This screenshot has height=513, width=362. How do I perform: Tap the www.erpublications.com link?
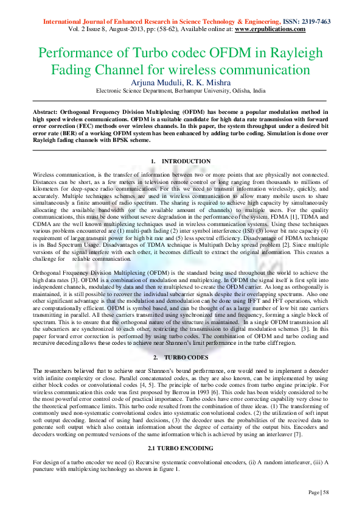tap(270, 29)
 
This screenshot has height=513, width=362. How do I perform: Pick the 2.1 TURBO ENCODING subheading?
tap(181, 448)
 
